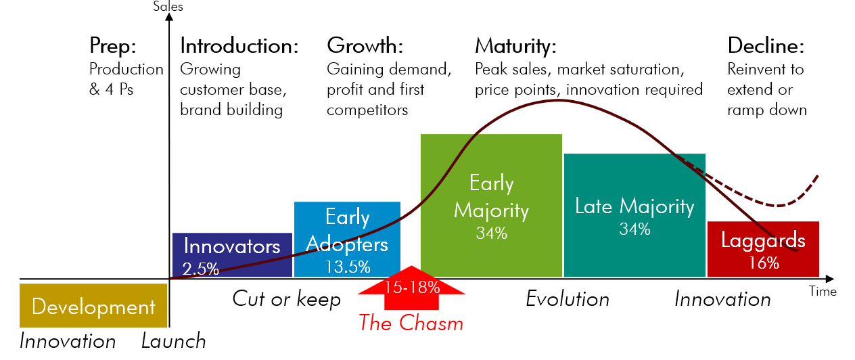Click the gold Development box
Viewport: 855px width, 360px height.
pos(93,305)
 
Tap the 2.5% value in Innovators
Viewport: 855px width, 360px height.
pos(201,269)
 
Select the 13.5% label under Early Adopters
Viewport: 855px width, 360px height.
pos(348,267)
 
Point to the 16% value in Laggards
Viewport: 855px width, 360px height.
pos(764,263)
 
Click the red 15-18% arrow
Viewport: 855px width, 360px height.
pos(411,288)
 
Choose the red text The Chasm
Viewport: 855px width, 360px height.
pos(411,323)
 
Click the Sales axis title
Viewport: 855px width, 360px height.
pos(168,7)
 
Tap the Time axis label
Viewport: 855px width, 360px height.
pos(823,292)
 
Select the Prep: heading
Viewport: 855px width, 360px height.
pos(112,46)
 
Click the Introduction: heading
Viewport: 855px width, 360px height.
pos(239,46)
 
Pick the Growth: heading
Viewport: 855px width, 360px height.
pos(365,45)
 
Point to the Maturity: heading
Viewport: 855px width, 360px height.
pos(515,47)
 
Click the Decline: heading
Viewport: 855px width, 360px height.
pos(766,46)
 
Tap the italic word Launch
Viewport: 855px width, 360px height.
pos(174,341)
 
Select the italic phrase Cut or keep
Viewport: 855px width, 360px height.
pos(287,299)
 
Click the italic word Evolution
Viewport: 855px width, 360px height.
pos(568,299)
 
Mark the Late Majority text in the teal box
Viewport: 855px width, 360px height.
pos(634,206)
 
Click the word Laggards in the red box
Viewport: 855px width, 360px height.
pos(763,240)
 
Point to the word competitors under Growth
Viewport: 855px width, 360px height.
pos(367,110)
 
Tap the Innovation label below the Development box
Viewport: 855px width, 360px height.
pos(68,341)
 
